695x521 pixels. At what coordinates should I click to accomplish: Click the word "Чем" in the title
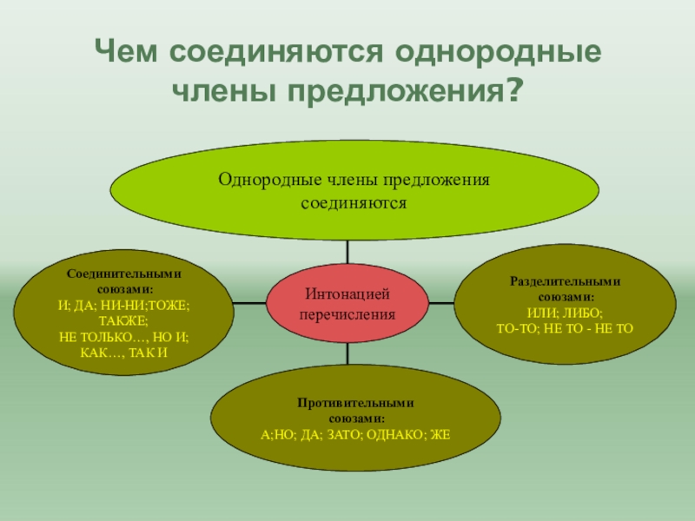coord(129,52)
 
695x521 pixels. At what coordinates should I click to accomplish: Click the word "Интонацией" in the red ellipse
coord(347,296)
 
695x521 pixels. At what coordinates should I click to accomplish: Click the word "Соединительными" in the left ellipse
coord(124,273)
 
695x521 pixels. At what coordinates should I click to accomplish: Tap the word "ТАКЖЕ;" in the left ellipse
coord(124,320)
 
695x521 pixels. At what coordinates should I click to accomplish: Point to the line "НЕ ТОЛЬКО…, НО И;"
coord(124,336)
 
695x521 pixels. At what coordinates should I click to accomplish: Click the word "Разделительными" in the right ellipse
coord(566,282)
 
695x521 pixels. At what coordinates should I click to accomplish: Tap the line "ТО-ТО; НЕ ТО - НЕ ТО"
coord(566,328)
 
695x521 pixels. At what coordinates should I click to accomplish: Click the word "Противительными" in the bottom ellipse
coord(354,404)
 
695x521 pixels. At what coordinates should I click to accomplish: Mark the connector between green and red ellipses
coord(347,252)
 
